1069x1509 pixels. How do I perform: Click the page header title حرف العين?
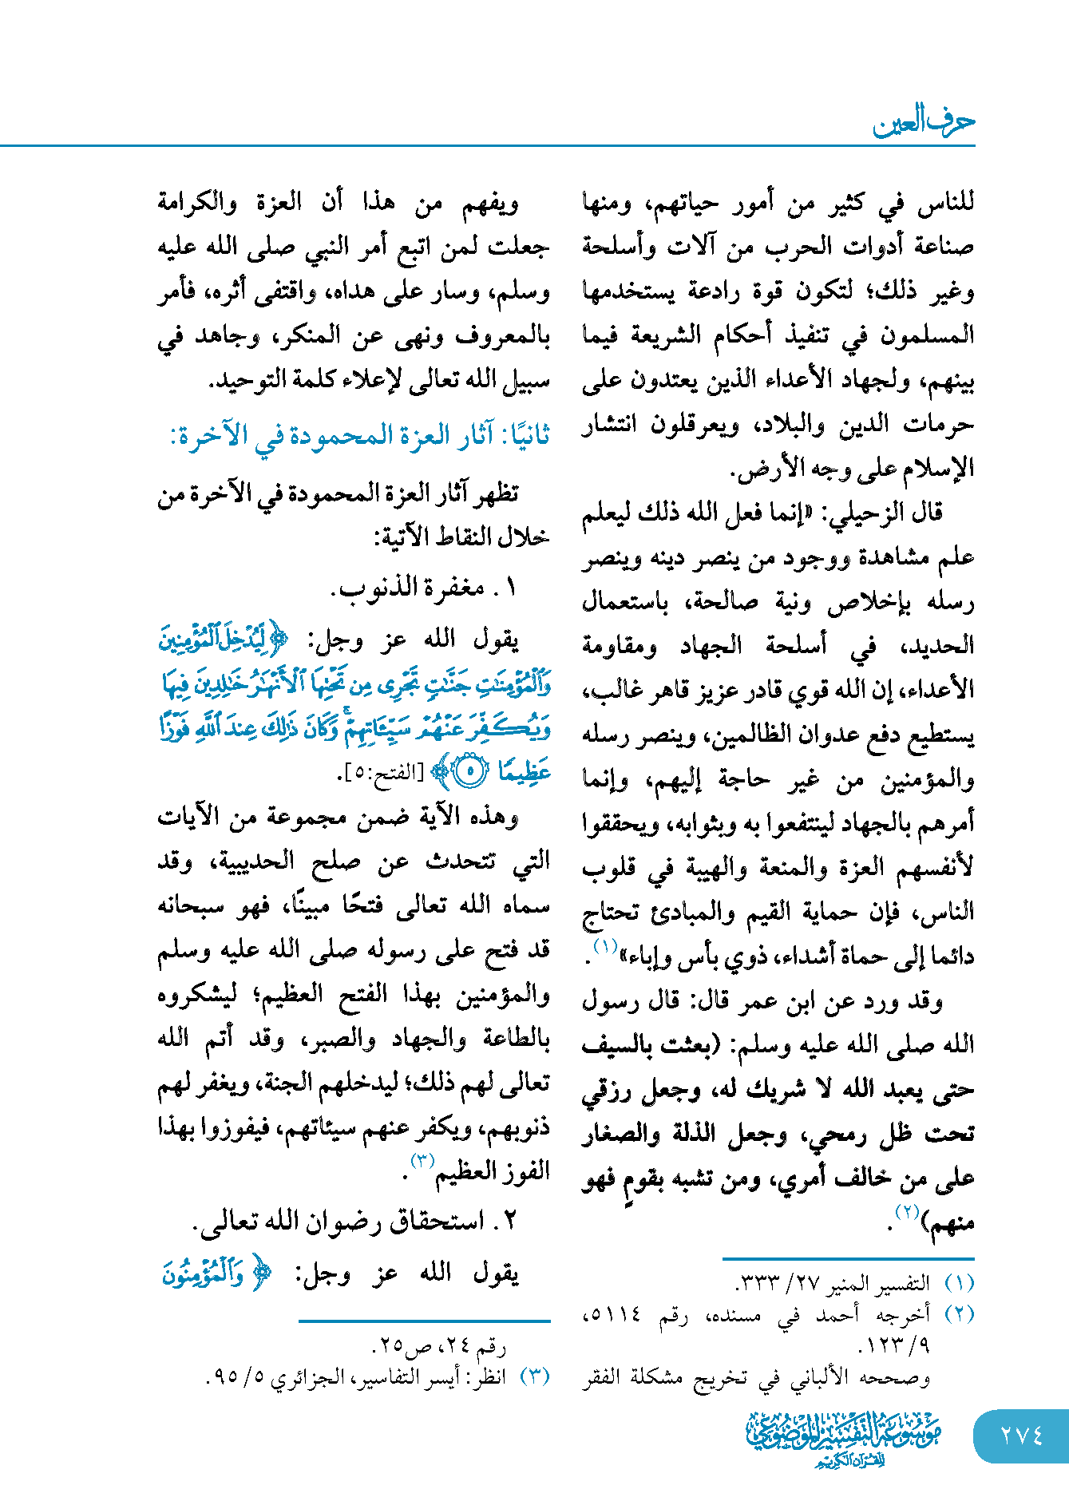(924, 121)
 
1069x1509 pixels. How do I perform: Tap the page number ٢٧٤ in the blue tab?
(1022, 1436)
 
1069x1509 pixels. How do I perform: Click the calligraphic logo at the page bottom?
(844, 1437)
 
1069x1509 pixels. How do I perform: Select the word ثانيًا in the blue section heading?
(523, 436)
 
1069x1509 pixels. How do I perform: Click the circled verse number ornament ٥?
(470, 771)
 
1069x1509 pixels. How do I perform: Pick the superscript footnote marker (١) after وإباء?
(605, 948)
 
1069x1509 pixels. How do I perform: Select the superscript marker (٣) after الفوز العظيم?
(422, 1160)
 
